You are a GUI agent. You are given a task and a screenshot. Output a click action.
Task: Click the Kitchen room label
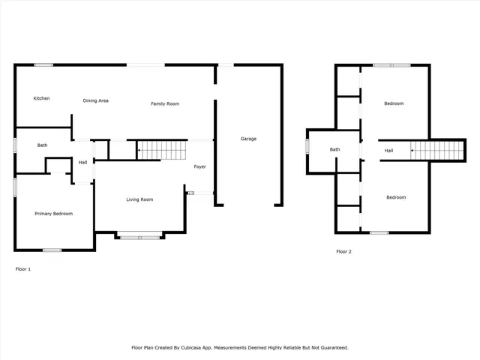click(x=41, y=98)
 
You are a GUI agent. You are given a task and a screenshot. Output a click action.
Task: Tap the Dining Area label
click(x=96, y=100)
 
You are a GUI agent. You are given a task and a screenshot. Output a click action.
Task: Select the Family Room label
click(x=165, y=103)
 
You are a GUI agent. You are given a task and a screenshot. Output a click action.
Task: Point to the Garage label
click(x=248, y=139)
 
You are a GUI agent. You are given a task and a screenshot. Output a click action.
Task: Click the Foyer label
click(x=199, y=166)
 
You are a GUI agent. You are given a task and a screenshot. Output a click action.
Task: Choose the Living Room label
click(x=139, y=199)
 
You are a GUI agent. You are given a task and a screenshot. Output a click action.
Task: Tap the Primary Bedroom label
click(x=54, y=214)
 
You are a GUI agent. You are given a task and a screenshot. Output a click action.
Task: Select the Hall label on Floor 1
click(x=83, y=163)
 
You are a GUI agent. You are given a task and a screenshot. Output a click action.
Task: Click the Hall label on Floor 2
click(x=389, y=151)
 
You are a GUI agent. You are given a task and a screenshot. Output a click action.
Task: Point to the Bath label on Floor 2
click(x=335, y=149)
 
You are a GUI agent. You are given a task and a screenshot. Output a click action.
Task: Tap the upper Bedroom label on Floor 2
click(x=394, y=103)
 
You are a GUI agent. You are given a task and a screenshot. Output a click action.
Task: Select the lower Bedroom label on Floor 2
click(x=396, y=197)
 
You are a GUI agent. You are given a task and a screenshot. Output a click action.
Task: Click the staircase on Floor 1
click(x=163, y=150)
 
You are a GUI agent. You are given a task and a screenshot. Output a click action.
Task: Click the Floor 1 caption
click(x=23, y=268)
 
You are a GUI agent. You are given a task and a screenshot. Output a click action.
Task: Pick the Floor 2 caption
click(x=343, y=252)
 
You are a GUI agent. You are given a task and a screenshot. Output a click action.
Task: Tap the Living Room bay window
click(x=140, y=237)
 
